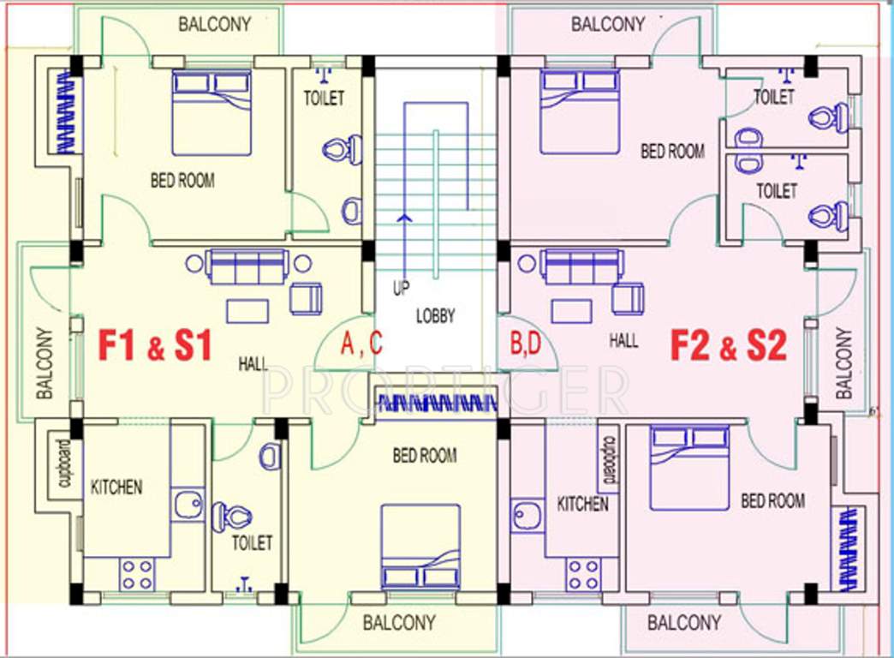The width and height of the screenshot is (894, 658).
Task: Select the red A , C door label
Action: click(x=361, y=344)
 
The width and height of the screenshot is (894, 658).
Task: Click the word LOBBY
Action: click(x=435, y=315)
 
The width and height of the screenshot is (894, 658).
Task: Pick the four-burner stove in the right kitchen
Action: click(x=583, y=574)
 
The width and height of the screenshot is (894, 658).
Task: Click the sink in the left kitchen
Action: click(x=188, y=505)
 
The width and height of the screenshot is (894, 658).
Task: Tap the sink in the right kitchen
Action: click(x=525, y=517)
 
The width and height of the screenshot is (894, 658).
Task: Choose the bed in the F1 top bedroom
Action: click(x=212, y=112)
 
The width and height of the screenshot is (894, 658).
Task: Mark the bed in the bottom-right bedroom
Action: click(x=689, y=468)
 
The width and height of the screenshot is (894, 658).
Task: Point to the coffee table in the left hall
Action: click(x=247, y=309)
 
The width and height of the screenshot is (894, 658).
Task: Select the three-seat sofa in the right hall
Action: click(x=581, y=266)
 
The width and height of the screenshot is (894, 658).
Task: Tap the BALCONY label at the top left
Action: click(x=215, y=23)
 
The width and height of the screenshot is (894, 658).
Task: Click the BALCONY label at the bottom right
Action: click(x=683, y=622)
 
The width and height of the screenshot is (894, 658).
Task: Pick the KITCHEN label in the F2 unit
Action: click(x=582, y=503)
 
